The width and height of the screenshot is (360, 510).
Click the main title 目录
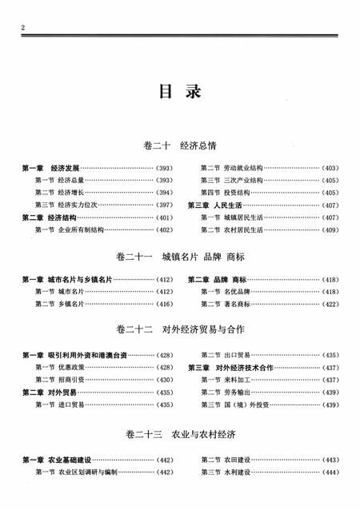(x=180, y=90)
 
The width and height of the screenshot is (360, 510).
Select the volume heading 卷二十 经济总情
(x=179, y=146)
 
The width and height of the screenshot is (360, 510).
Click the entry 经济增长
(x=70, y=193)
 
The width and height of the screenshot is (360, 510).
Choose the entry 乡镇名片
(x=70, y=305)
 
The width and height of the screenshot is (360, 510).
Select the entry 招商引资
(x=70, y=380)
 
